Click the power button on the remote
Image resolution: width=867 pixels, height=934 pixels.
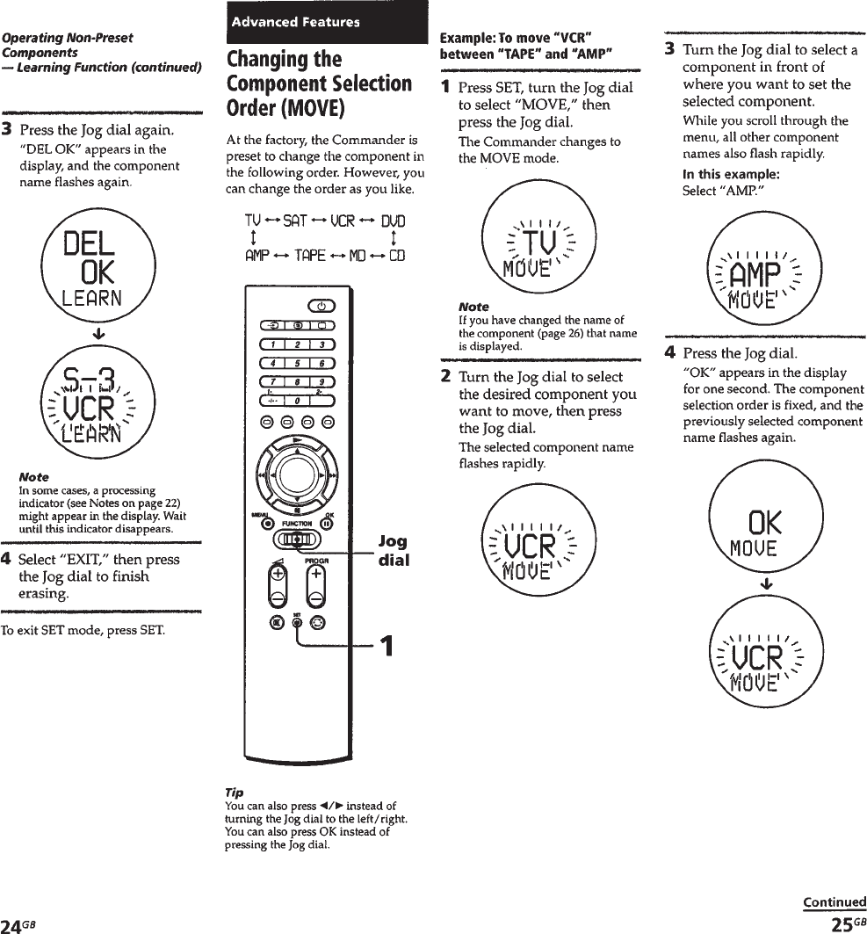tap(322, 306)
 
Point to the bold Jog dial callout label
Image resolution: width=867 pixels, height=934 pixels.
tap(393, 550)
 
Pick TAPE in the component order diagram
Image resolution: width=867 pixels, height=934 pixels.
tap(310, 256)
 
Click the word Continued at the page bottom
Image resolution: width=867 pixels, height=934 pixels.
tap(834, 901)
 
